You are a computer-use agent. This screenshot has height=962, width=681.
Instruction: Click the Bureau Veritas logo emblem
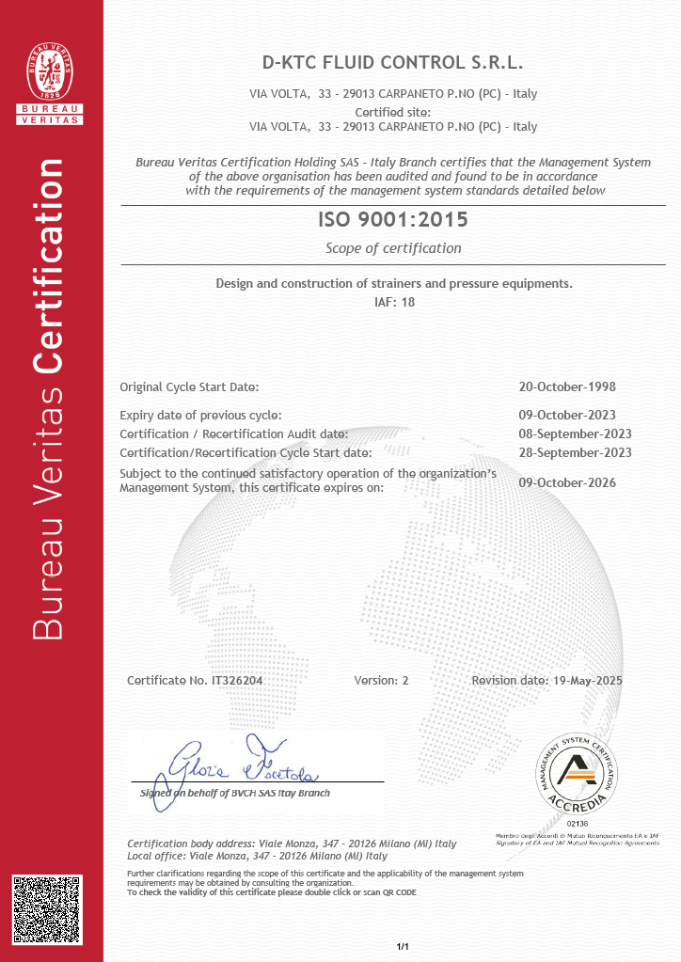pos(52,75)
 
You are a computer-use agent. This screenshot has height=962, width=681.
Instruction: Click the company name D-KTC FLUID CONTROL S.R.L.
pos(392,63)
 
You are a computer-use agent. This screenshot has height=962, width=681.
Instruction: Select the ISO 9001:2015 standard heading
pos(392,222)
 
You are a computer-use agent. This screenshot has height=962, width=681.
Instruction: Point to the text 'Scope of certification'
pos(393,248)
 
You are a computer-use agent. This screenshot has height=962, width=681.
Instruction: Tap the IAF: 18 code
pos(393,302)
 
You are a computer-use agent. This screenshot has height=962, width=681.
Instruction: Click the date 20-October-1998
pos(567,386)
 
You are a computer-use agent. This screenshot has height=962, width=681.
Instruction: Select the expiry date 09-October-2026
pos(567,482)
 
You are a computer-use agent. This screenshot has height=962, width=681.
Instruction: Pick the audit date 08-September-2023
pos(575,434)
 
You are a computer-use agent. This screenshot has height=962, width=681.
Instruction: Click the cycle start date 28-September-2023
pos(575,452)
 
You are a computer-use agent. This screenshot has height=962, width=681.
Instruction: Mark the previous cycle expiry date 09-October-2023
pos(567,415)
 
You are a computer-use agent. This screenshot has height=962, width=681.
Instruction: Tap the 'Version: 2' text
pos(381,680)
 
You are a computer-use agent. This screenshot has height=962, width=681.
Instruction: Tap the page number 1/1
pos(403,945)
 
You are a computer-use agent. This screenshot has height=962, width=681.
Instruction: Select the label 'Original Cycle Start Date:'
pos(189,386)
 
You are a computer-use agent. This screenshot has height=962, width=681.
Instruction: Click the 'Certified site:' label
pos(392,112)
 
